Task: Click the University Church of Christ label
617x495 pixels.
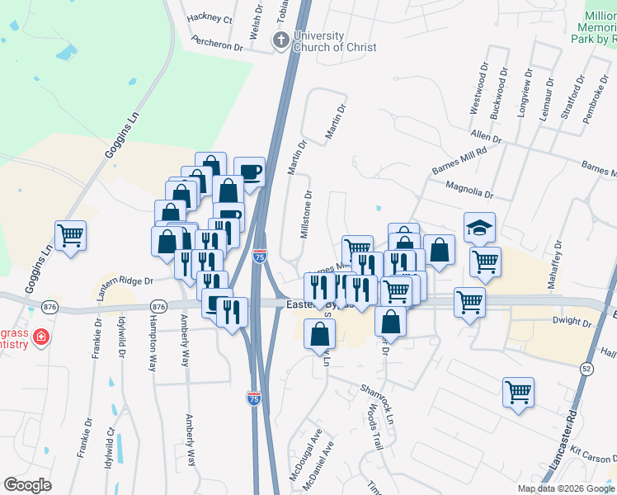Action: pos(335,42)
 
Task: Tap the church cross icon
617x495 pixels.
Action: pos(281,39)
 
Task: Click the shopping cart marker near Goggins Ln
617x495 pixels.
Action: pos(71,236)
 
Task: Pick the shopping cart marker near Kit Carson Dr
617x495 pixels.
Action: pos(518,392)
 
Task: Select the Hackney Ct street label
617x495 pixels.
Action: pos(210,17)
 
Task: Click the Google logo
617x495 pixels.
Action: pos(29,485)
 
